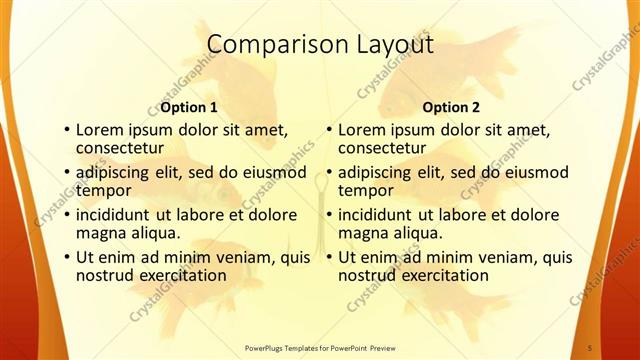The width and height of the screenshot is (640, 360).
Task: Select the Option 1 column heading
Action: [x=189, y=107]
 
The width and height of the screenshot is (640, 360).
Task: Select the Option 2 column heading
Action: [x=451, y=107]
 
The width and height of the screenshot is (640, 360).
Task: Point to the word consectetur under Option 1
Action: [x=119, y=148]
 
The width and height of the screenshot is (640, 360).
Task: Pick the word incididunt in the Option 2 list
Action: [x=378, y=215]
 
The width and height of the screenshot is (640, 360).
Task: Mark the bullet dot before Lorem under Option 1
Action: [x=66, y=130]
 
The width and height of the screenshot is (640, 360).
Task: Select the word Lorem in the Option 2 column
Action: [x=361, y=130]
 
